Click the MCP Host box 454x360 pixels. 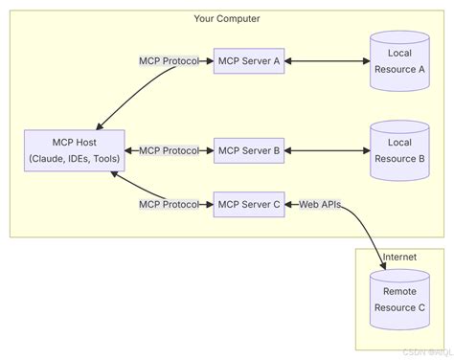[x=75, y=150]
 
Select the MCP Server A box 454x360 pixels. [x=248, y=61]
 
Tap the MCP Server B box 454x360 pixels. [x=248, y=150]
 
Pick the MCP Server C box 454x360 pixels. [x=248, y=204]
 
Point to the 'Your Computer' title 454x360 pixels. [x=227, y=18]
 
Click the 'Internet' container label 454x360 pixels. [x=398, y=258]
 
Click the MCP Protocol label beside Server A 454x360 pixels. [x=169, y=61]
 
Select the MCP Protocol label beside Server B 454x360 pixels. [x=169, y=150]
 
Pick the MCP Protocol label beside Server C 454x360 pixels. [x=169, y=204]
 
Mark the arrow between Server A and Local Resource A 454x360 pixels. [x=326, y=61]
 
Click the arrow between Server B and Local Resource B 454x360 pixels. [x=326, y=150]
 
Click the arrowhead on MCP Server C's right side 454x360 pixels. [x=287, y=204]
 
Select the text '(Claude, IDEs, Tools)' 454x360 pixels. [x=75, y=158]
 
